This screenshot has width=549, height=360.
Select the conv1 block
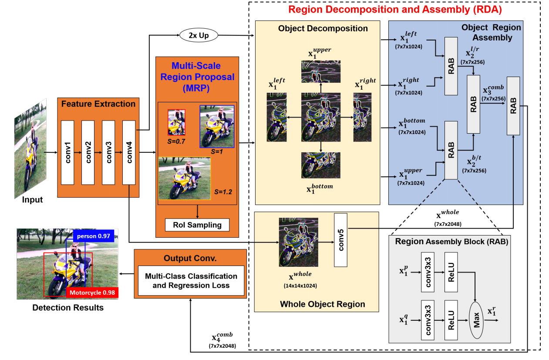click(68, 152)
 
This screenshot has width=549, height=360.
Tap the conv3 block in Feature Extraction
click(108, 152)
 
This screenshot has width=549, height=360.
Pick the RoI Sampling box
click(197, 225)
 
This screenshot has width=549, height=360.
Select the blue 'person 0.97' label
click(93, 236)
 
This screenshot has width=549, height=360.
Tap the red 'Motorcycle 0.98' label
click(92, 292)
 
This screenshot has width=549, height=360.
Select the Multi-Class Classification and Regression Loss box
click(191, 281)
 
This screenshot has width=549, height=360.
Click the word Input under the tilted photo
click(33, 200)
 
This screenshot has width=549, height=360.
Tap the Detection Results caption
click(68, 308)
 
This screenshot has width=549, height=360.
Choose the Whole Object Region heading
click(323, 304)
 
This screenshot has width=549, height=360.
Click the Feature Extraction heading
click(98, 104)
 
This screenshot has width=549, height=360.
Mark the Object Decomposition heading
click(323, 29)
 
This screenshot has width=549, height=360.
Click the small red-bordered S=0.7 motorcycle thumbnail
click(176, 122)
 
